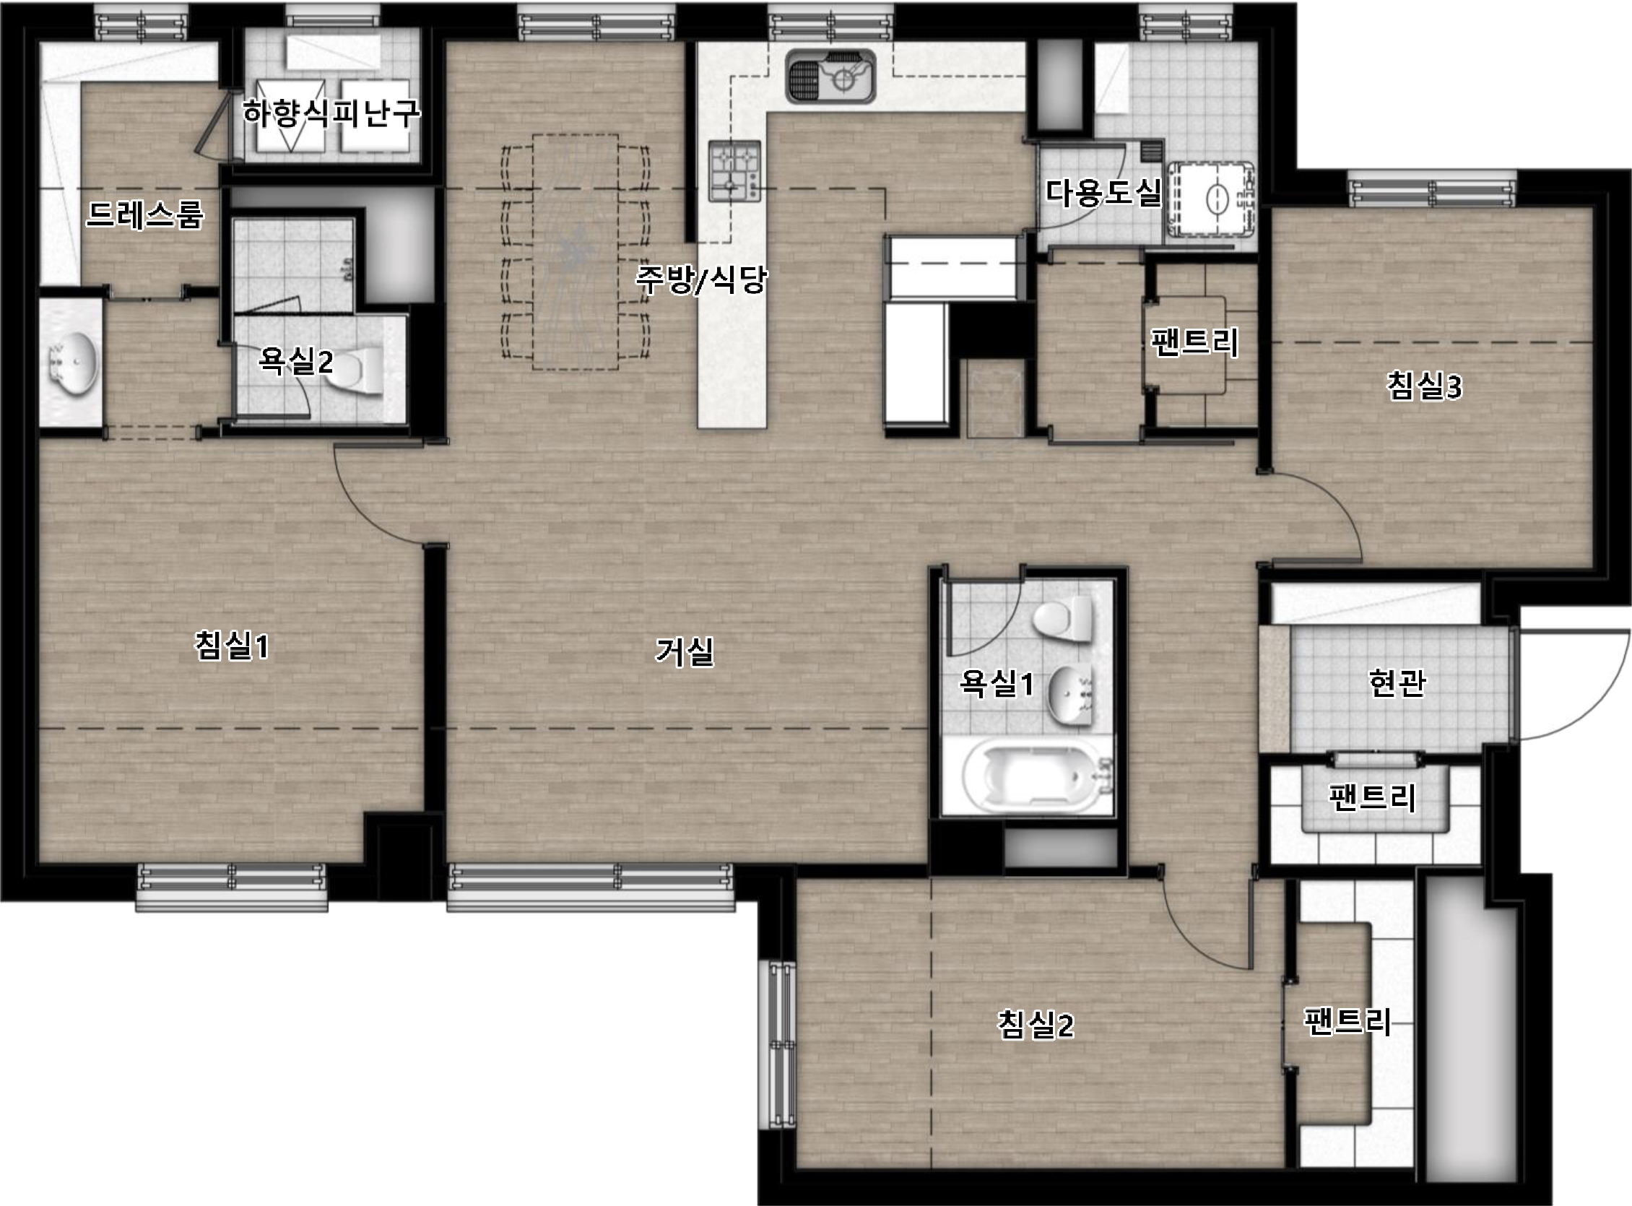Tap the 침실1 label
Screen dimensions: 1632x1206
pos(231,646)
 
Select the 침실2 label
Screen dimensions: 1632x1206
pos(1035,1025)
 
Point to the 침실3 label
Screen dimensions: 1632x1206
pos(1424,386)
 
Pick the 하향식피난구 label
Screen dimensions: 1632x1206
pos(331,113)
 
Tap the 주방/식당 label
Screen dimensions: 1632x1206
pos(701,278)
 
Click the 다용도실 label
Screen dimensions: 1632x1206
pos(1103,191)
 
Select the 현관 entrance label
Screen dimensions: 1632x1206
pos(1397,683)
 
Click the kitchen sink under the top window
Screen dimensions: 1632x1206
pos(830,76)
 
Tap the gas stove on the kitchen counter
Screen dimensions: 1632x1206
pos(734,171)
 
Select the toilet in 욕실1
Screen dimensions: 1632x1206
pos(1064,620)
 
